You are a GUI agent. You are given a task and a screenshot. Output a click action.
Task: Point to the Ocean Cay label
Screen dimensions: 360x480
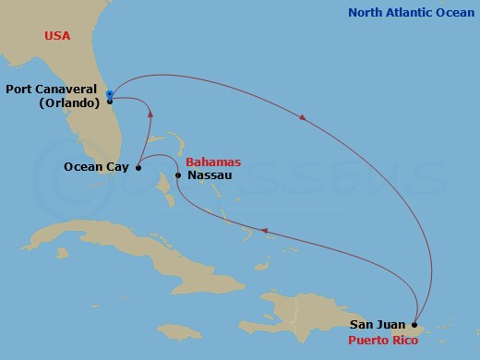(97, 167)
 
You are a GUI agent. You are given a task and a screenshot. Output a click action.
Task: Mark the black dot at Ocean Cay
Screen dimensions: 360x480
(138, 168)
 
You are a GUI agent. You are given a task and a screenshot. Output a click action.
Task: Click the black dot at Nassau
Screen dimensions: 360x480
(177, 174)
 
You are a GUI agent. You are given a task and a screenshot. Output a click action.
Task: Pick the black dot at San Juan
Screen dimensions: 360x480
(415, 325)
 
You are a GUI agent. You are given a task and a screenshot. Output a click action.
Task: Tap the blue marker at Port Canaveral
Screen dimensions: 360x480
(109, 94)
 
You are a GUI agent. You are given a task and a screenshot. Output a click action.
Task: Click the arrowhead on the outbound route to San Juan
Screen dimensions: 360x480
(303, 117)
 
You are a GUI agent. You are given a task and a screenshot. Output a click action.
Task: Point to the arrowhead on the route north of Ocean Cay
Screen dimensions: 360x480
(150, 114)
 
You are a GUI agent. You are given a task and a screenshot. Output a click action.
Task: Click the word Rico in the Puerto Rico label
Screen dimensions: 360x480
(403, 340)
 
